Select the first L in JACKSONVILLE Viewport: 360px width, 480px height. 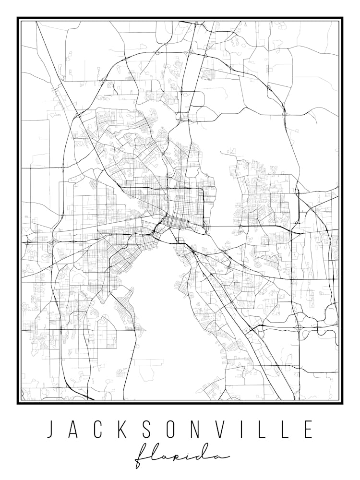click(x=262, y=429)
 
